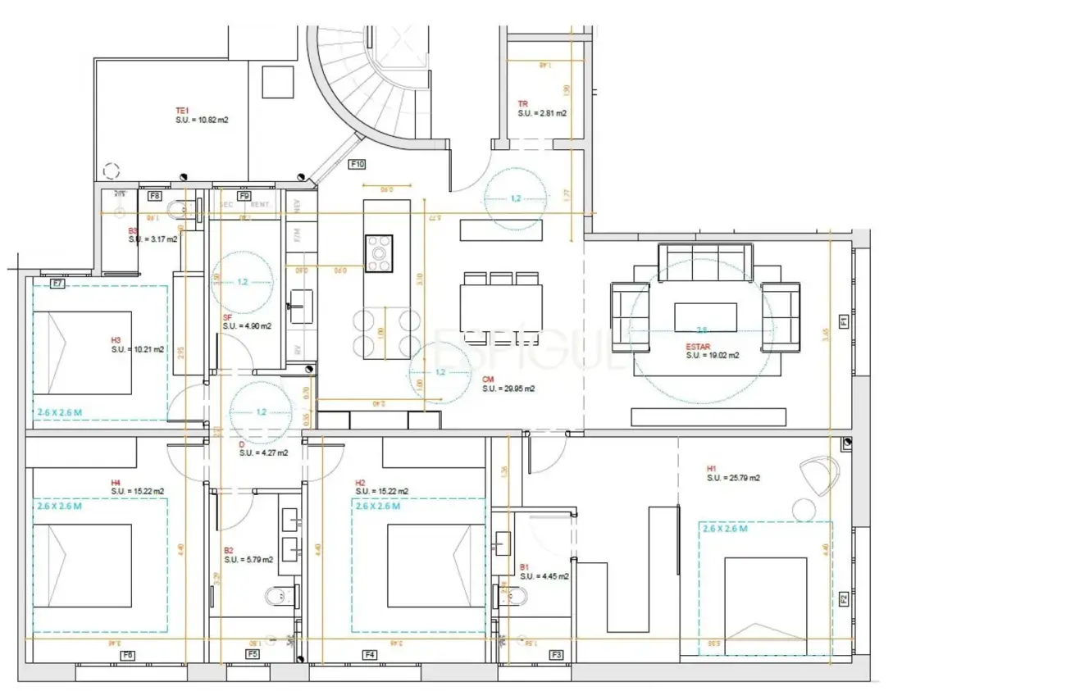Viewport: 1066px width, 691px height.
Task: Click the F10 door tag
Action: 357,164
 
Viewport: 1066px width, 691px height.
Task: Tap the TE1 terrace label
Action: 182,111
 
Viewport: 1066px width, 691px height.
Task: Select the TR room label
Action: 522,104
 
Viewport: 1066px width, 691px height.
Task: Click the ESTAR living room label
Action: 696,347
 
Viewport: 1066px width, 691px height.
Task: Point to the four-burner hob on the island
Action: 379,253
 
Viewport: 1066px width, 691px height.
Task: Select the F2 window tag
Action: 844,599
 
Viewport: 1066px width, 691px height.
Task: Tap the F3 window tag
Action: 557,654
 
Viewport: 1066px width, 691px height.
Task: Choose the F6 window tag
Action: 127,655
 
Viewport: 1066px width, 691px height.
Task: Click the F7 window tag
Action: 57,284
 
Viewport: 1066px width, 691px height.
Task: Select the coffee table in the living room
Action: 704,316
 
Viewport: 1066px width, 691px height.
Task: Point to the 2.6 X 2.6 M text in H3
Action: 59,412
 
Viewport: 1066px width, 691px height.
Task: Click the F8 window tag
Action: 154,197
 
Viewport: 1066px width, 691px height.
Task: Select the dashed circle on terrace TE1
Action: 112,171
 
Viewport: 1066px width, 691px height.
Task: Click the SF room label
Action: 227,317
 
